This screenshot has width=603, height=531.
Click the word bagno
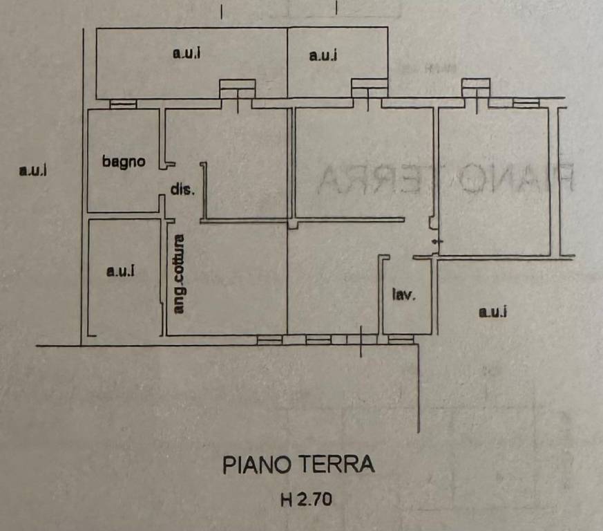pos(124,162)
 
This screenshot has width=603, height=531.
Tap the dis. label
pos(182,189)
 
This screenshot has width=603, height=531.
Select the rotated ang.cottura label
pos(178,274)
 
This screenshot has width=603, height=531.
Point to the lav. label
pos(404,295)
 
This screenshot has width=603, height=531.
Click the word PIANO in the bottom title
pos(256,465)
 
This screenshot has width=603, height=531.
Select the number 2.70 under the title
pos(314,500)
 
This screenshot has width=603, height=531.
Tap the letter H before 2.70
pos(287,500)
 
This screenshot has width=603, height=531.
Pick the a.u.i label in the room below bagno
pos(121,271)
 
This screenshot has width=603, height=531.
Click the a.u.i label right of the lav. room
pos(492,311)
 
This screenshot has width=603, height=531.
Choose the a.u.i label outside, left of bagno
pos(33,170)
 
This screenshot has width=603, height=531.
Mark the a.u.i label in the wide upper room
pos(186,53)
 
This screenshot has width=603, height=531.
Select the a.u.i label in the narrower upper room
pos(323,55)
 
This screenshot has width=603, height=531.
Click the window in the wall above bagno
pos(123,104)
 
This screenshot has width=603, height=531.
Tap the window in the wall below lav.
pos(401,339)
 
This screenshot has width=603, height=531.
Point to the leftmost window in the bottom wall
pos(269,339)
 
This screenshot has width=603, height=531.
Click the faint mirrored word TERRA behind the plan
pos(379,179)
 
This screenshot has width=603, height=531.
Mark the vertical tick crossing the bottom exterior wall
pos(361,341)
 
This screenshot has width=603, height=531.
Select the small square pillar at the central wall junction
pos(293,225)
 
